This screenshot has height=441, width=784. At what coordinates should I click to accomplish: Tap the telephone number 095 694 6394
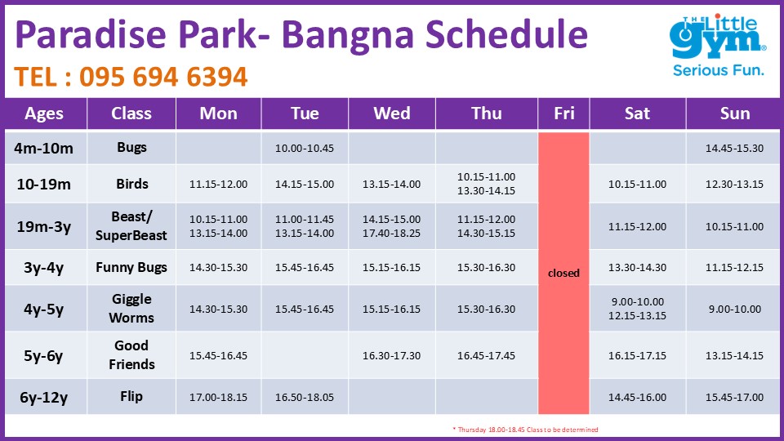coord(163,77)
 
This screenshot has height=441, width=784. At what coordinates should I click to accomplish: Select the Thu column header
coord(487,114)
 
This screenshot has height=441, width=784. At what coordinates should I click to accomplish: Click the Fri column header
coord(564,114)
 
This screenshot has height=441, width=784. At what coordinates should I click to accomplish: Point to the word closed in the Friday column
coord(563,273)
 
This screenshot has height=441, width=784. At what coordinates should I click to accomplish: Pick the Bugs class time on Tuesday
coord(305,148)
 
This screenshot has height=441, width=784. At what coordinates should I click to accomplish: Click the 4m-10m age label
coord(43,149)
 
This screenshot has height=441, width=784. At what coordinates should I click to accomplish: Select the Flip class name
coord(131,397)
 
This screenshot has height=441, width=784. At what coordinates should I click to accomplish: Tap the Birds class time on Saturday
coord(637,184)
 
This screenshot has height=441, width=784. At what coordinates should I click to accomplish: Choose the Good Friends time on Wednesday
coord(391,355)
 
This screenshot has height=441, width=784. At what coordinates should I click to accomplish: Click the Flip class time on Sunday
coord(734,397)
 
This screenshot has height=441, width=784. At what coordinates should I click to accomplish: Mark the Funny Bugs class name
coord(131,268)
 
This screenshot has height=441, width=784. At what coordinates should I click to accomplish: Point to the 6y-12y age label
coord(43,398)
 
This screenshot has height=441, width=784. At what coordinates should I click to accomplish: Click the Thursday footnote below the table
coord(525,430)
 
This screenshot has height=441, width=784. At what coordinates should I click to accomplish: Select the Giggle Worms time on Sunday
coord(734,309)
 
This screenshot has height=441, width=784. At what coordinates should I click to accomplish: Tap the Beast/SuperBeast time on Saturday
coord(637,226)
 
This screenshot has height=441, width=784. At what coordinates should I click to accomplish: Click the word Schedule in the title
coord(506,34)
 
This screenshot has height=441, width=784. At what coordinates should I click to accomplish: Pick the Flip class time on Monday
coord(218,397)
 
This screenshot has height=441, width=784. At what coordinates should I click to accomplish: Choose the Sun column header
coord(735,114)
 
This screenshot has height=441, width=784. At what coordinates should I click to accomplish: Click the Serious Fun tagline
coord(718,70)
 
